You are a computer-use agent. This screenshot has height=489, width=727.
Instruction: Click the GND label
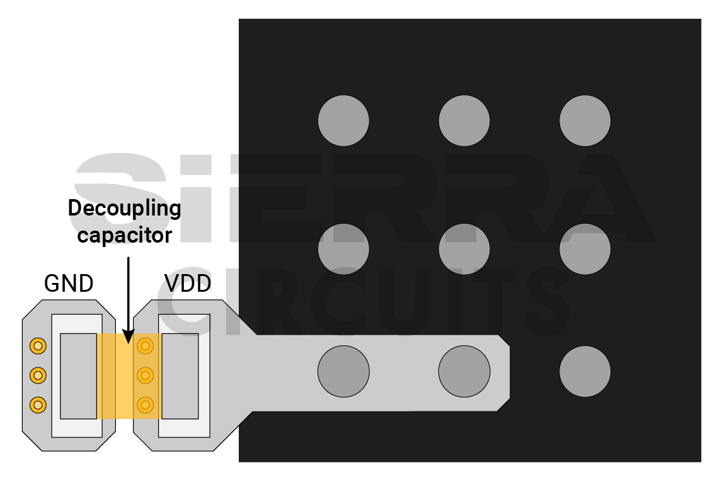pyautogui.click(x=69, y=284)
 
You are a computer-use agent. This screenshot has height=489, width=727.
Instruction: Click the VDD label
pyautogui.click(x=187, y=284)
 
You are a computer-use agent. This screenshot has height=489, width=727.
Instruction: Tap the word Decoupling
pyautogui.click(x=124, y=208)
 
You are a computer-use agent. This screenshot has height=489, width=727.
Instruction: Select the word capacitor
pyautogui.click(x=124, y=235)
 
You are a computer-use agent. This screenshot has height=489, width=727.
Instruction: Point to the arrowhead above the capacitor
pyautogui.click(x=128, y=337)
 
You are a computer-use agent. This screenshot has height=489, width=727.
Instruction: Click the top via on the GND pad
pyautogui.click(x=38, y=345)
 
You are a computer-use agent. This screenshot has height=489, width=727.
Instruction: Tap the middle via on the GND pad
pyautogui.click(x=38, y=375)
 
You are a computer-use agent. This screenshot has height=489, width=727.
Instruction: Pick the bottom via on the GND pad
pyautogui.click(x=38, y=405)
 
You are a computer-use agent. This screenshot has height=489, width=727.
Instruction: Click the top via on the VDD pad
pyautogui.click(x=146, y=345)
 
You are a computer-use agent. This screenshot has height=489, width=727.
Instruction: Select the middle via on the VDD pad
pyautogui.click(x=146, y=375)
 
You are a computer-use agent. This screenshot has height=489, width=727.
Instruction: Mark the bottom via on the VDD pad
pyautogui.click(x=146, y=405)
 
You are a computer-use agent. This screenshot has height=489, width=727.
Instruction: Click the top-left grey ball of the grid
pyautogui.click(x=343, y=120)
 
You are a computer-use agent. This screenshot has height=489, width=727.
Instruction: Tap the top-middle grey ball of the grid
pyautogui.click(x=464, y=120)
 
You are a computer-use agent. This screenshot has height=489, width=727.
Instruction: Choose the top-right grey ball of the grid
pyautogui.click(x=585, y=120)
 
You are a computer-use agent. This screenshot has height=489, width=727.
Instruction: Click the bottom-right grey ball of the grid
pyautogui.click(x=585, y=371)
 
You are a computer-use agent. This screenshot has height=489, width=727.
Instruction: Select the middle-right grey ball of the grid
pyautogui.click(x=585, y=249)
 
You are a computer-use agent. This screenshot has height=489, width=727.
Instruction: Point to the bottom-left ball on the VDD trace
pyautogui.click(x=343, y=371)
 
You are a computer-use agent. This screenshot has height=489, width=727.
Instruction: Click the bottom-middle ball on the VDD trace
pyautogui.click(x=464, y=371)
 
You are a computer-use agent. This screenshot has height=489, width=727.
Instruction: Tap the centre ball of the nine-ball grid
pyautogui.click(x=464, y=249)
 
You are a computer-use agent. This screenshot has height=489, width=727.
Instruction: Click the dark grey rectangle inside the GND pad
pyautogui.click(x=78, y=376)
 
